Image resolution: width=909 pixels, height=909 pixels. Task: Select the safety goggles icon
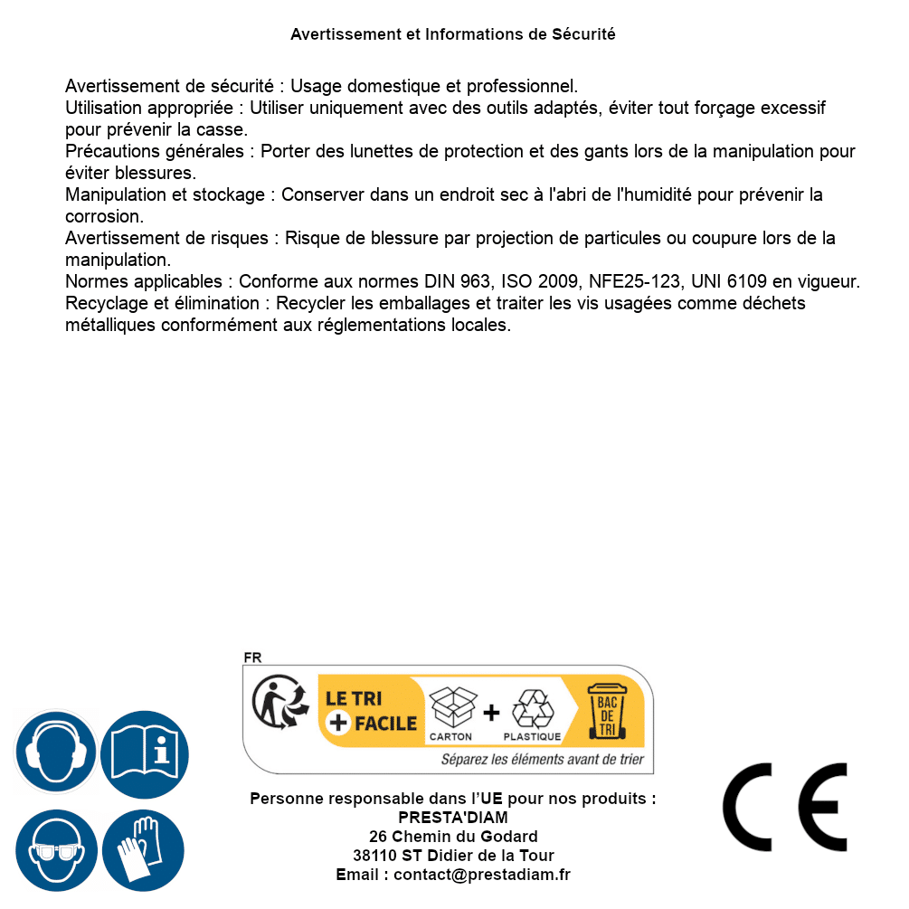(56, 851)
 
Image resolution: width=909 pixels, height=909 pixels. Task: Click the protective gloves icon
(145, 851)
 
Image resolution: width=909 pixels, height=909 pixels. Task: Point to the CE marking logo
(785, 807)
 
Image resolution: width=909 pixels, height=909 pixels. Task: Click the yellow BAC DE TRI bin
(606, 712)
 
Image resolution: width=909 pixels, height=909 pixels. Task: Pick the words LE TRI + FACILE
(371, 711)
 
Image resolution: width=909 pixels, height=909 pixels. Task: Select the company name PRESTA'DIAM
(453, 818)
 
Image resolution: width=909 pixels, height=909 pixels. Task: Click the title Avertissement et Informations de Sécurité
(453, 34)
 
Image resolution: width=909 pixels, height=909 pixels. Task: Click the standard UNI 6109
(723, 282)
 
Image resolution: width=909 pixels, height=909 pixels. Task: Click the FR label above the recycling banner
(252, 658)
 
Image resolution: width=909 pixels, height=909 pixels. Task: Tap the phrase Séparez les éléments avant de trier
(542, 760)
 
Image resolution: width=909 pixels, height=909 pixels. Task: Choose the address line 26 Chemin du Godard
(453, 837)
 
